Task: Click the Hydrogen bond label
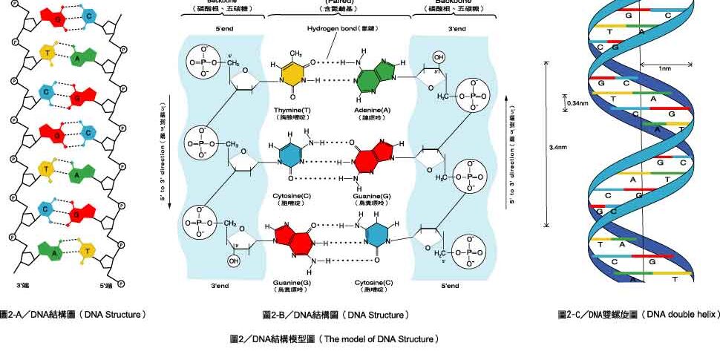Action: [x=333, y=29]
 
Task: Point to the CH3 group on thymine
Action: [x=295, y=53]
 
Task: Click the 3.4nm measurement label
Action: [x=558, y=148]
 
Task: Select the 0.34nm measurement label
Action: [x=577, y=102]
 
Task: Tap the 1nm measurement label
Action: [x=665, y=68]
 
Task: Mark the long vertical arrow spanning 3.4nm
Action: [x=546, y=144]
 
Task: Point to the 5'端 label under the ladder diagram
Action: [x=106, y=284]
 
